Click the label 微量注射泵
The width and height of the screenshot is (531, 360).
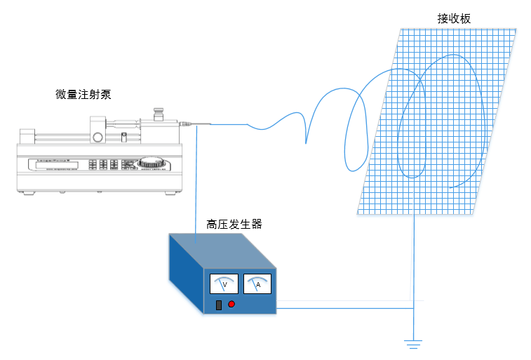click(x=83, y=94)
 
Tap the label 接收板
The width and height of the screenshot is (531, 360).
click(x=454, y=19)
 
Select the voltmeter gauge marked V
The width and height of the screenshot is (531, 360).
click(x=224, y=284)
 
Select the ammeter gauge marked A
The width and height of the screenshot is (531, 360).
click(x=257, y=284)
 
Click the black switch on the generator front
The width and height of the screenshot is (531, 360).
click(x=219, y=305)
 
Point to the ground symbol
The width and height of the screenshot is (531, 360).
click(x=412, y=344)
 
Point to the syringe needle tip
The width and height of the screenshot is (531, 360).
click(x=209, y=125)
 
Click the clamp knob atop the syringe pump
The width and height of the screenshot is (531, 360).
click(x=159, y=112)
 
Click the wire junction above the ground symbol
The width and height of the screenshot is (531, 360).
click(x=413, y=307)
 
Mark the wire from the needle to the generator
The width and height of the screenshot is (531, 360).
click(x=197, y=182)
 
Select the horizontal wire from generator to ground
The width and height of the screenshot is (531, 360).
click(x=344, y=307)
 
